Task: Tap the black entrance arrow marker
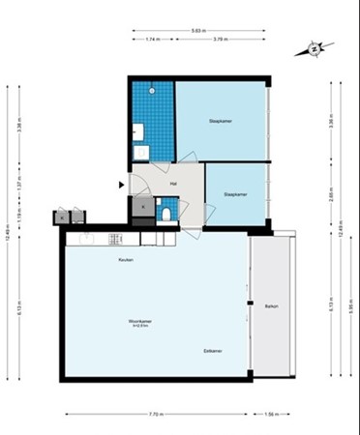(121, 184)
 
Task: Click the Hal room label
(172, 184)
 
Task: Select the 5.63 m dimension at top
(196, 32)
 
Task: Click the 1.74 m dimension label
(153, 42)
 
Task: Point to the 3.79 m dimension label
(219, 42)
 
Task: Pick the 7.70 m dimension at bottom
(155, 414)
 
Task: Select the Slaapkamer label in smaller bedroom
(236, 194)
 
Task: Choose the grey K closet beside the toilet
(143, 206)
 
